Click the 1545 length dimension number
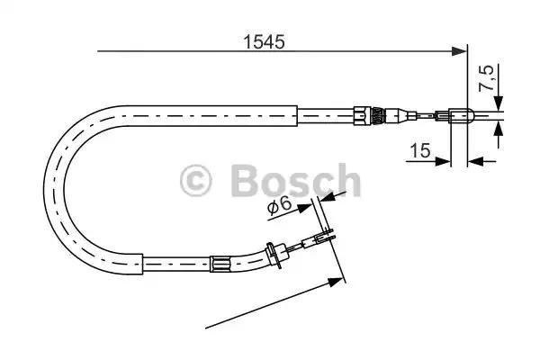pos(264,42)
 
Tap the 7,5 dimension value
pos(486,78)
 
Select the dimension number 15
pos(420,150)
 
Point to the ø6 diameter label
pos(279,206)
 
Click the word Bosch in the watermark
pos(295,181)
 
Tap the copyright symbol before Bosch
pos(195,181)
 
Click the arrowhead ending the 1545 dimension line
pos(459,51)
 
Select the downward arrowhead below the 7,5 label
pos(498,103)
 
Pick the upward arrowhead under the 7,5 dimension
pos(498,130)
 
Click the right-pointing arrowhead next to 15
pos(443,161)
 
